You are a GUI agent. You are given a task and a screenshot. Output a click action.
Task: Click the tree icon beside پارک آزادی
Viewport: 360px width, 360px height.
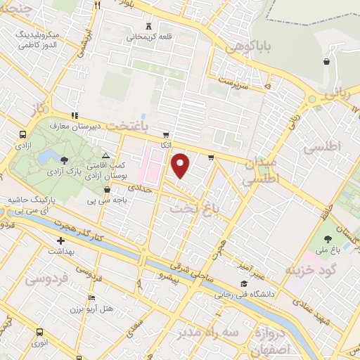click(65, 160)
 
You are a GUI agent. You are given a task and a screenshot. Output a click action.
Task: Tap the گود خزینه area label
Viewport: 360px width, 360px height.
click(311, 269)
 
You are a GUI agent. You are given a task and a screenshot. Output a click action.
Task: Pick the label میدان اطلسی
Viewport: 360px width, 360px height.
click(262, 171)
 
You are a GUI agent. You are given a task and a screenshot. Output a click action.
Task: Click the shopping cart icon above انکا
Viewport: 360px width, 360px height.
click(166, 135)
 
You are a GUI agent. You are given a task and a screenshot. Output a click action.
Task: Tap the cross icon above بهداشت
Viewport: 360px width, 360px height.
click(61, 241)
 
